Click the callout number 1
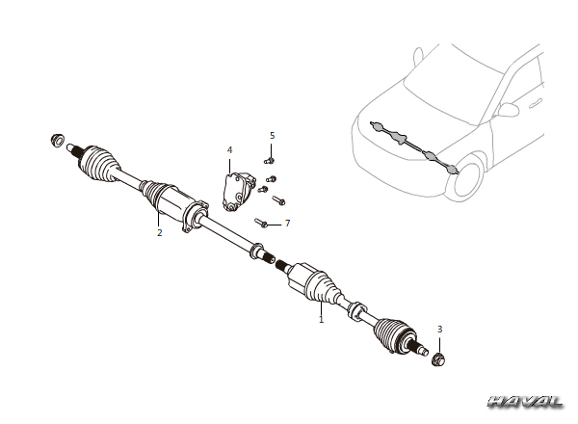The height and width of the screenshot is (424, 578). click(x=321, y=319)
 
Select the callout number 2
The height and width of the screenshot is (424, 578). click(x=159, y=232)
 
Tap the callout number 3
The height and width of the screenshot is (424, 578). click(x=439, y=329)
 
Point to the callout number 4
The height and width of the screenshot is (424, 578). click(x=229, y=150)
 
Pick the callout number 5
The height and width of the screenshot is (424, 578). click(x=272, y=136)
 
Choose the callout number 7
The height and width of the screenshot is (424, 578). click(x=287, y=223)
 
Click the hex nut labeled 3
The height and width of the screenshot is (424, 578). click(x=438, y=358)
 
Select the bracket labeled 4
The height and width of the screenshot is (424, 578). click(x=238, y=192)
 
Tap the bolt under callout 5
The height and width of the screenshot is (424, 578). click(x=269, y=161)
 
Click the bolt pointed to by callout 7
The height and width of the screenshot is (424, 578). click(x=261, y=223)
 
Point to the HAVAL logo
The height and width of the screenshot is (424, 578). click(x=525, y=402)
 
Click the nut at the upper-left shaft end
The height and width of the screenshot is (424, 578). click(x=57, y=140)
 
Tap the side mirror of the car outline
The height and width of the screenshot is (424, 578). click(x=509, y=110)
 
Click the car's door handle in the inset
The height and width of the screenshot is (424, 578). click(x=536, y=104)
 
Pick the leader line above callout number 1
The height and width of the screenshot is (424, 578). click(x=321, y=307)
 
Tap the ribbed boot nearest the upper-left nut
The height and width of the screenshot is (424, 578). click(x=99, y=164)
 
